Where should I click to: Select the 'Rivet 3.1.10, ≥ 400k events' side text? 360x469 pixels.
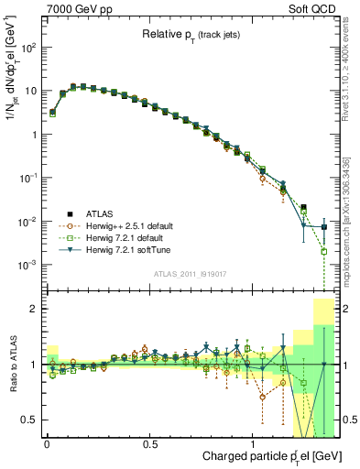(x=349, y=73)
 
